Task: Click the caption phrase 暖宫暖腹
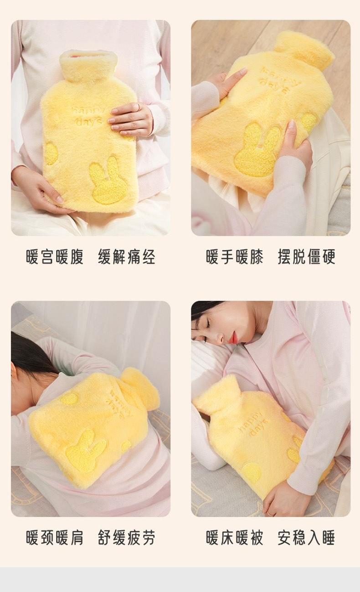click(x=55, y=257)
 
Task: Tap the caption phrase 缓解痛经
click(x=126, y=257)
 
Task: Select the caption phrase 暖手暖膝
click(x=235, y=257)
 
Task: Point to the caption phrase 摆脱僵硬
click(x=307, y=257)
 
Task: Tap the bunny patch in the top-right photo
click(x=257, y=151)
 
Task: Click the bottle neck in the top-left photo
click(x=88, y=65)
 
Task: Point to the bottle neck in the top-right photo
click(x=304, y=50)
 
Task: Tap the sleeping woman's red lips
click(x=234, y=337)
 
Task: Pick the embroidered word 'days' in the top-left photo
click(x=88, y=122)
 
